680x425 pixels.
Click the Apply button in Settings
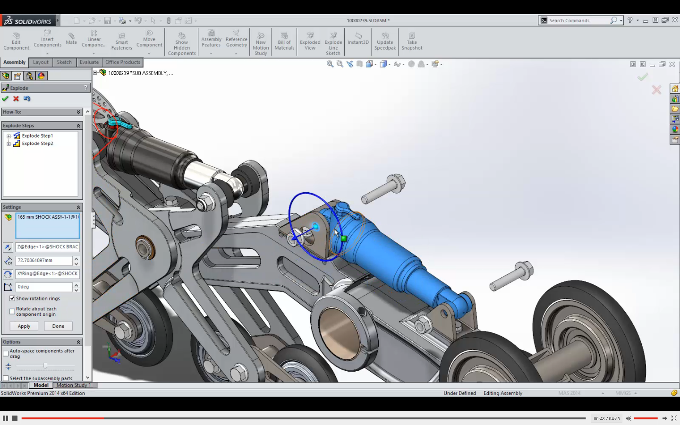pos(24,326)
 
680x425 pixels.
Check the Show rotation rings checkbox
pos(12,298)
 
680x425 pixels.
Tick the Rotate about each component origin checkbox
pos(12,312)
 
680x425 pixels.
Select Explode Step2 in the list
pos(37,144)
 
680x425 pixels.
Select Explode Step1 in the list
pos(37,136)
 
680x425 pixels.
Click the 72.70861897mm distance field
pos(44,261)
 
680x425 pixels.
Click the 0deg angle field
pos(44,287)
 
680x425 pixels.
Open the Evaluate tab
pos(89,62)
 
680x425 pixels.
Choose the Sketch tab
pos(64,62)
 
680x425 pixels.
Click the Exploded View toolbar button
pos(310,42)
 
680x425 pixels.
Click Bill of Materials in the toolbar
pos(284,42)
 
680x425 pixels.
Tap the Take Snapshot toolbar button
pos(412,42)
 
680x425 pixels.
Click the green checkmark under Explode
pos(5,99)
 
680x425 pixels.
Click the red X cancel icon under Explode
pos(16,99)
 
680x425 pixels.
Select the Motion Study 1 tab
pos(74,385)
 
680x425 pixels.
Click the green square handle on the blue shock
pos(344,238)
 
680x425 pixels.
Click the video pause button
pos(5,418)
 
